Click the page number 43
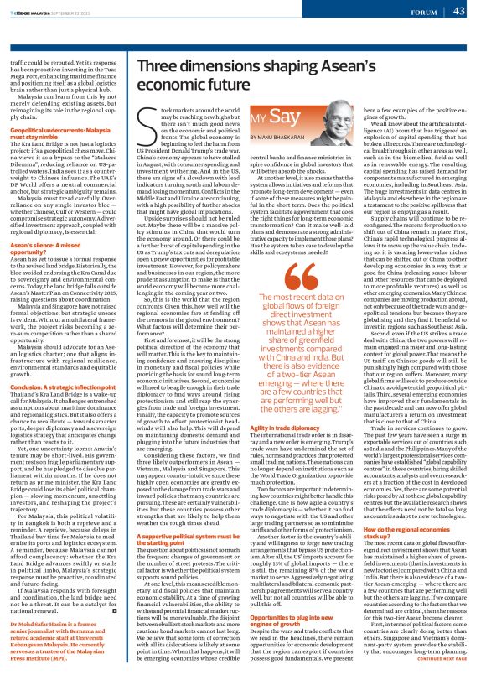tap(458, 11)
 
